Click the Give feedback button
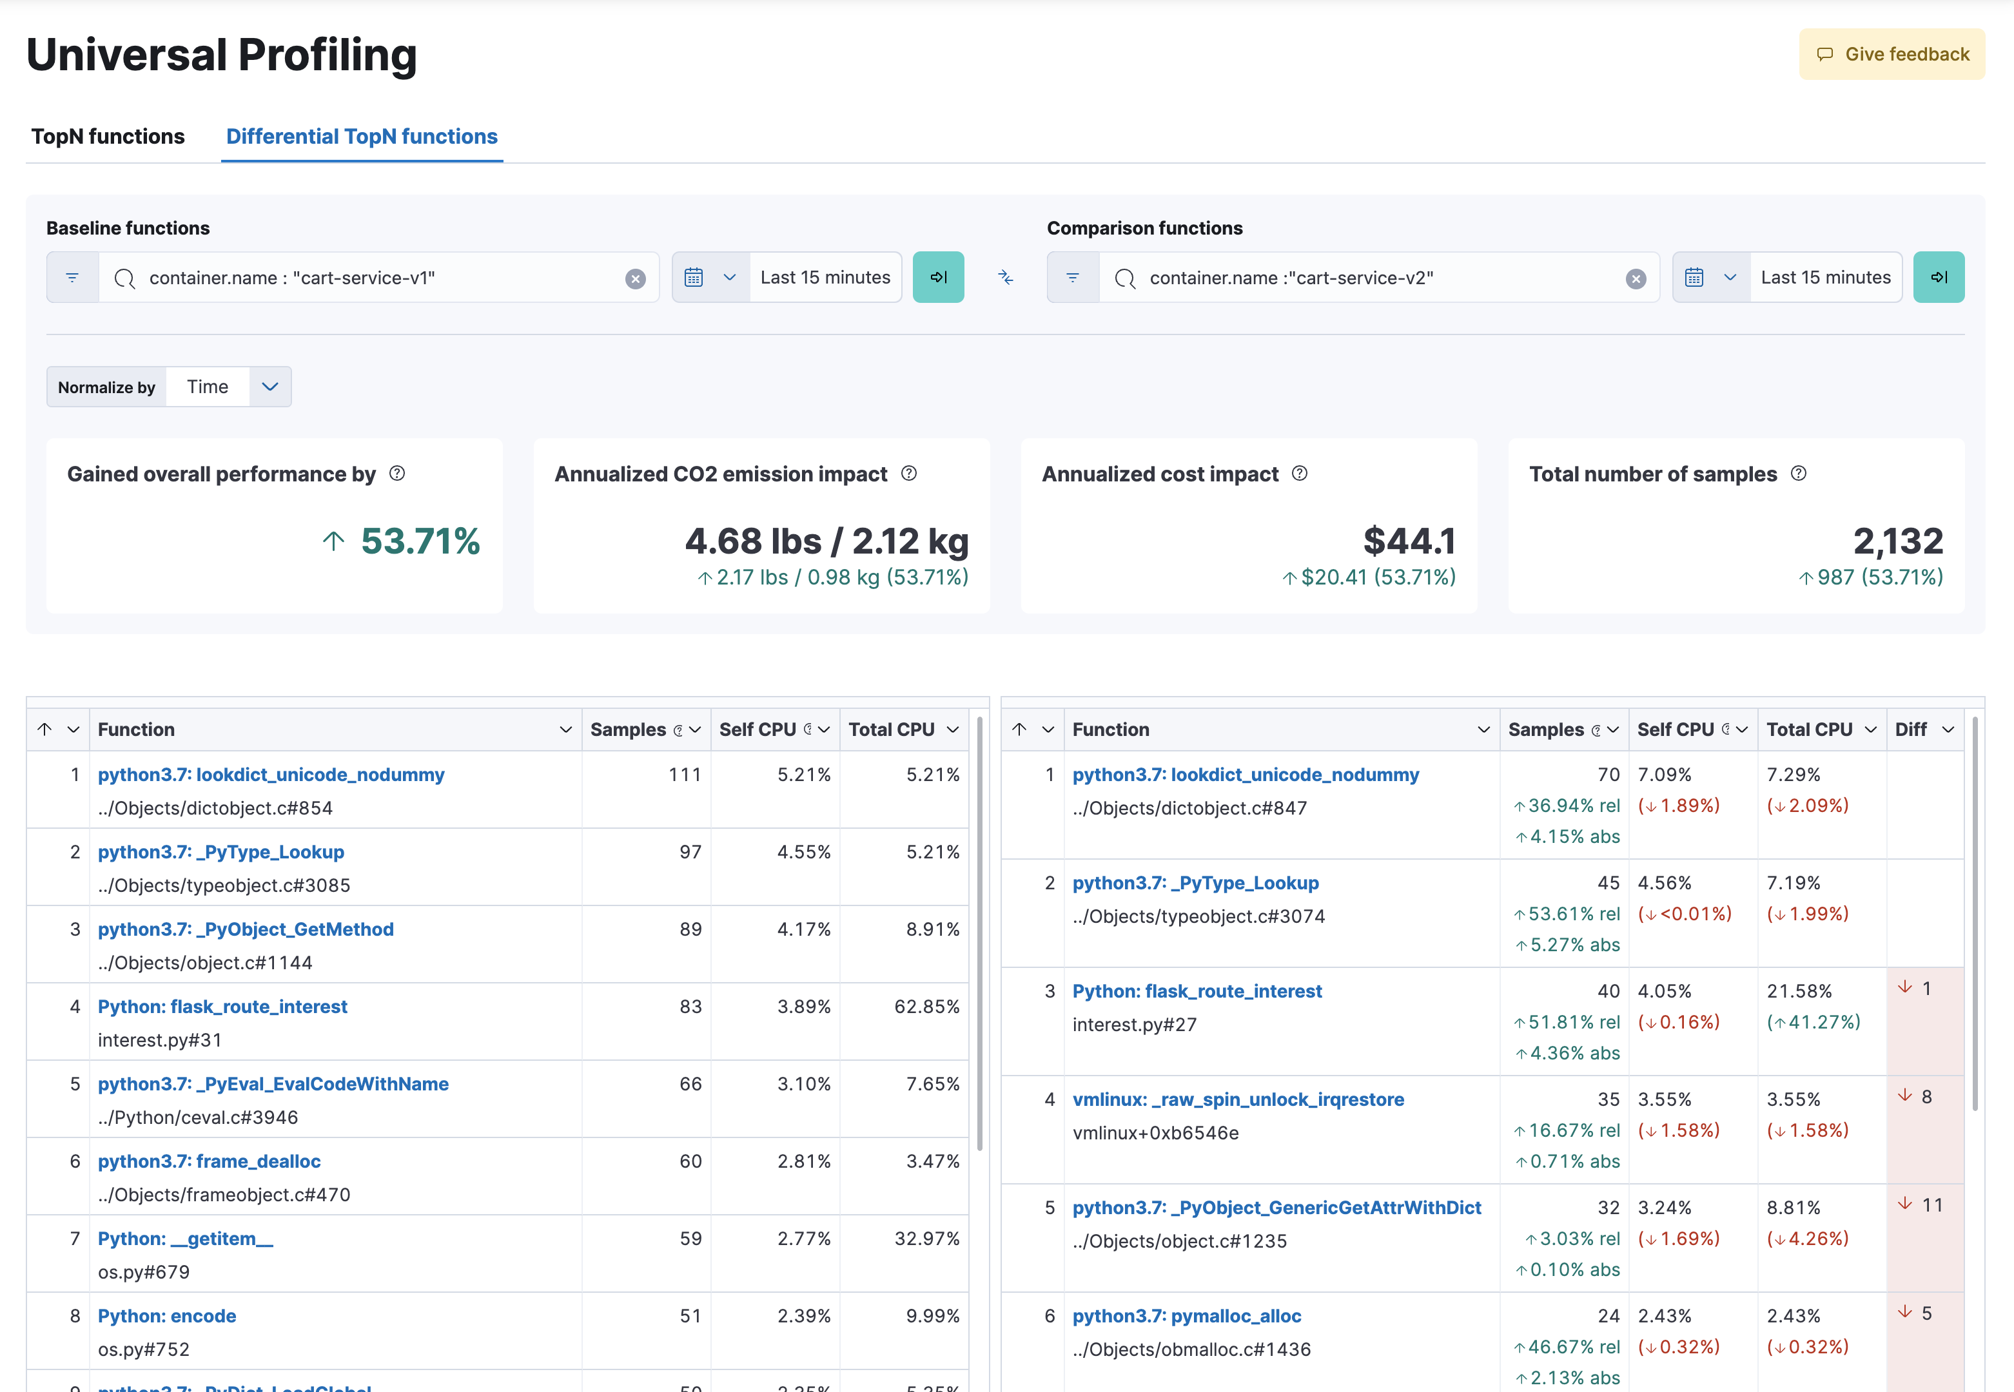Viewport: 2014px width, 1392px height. point(1892,54)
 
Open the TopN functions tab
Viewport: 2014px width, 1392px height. point(108,137)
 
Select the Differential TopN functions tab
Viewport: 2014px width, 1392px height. point(361,137)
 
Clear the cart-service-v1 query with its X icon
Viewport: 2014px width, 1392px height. point(635,278)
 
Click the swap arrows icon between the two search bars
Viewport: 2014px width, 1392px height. point(1005,277)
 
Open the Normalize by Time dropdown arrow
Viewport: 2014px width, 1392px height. point(269,387)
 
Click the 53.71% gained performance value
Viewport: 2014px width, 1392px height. point(420,541)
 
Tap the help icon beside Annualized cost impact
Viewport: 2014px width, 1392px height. point(1300,474)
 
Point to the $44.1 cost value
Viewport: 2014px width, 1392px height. point(1409,541)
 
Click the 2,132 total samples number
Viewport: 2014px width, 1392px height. point(1898,541)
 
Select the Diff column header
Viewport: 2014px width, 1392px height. point(1911,729)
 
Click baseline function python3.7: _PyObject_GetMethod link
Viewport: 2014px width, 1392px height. point(246,929)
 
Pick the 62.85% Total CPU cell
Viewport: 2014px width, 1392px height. point(926,1007)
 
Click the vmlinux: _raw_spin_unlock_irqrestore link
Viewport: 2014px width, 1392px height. point(1238,1099)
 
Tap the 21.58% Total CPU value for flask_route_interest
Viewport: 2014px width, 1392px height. point(1799,991)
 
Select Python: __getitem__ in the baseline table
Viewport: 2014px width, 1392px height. point(185,1239)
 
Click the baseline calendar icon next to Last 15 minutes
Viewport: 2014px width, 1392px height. point(694,277)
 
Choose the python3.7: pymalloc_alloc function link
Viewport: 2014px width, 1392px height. point(1186,1315)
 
